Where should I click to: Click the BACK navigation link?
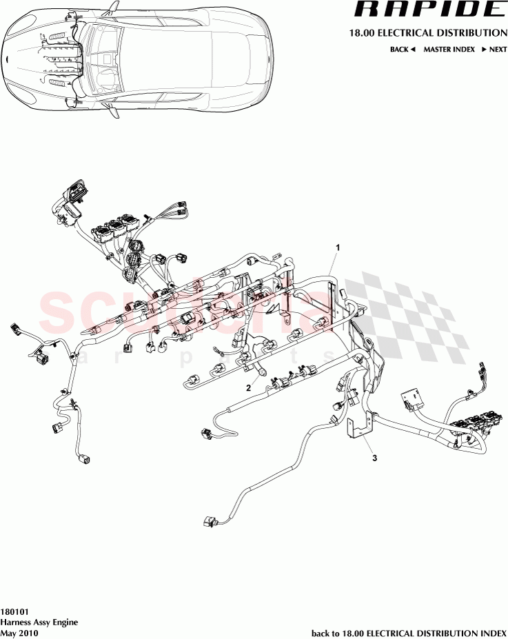coord(399,50)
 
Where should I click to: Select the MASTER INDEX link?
coord(449,50)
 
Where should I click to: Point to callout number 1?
coord(338,246)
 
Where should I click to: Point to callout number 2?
coord(248,388)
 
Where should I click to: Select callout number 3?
coord(375,456)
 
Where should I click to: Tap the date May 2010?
coord(19,632)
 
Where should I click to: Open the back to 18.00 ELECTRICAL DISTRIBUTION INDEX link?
coord(409,633)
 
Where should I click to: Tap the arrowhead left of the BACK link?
coord(412,50)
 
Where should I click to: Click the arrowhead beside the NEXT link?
coord(485,50)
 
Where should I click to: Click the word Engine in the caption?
coord(65,622)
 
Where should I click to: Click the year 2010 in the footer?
coord(29,632)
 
